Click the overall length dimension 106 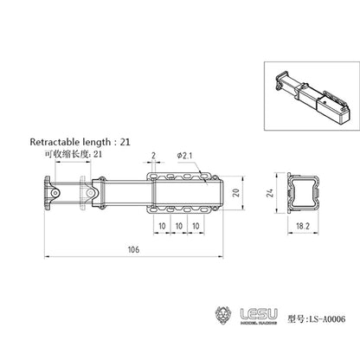coord(131,249)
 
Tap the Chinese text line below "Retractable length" coord(73,153)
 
